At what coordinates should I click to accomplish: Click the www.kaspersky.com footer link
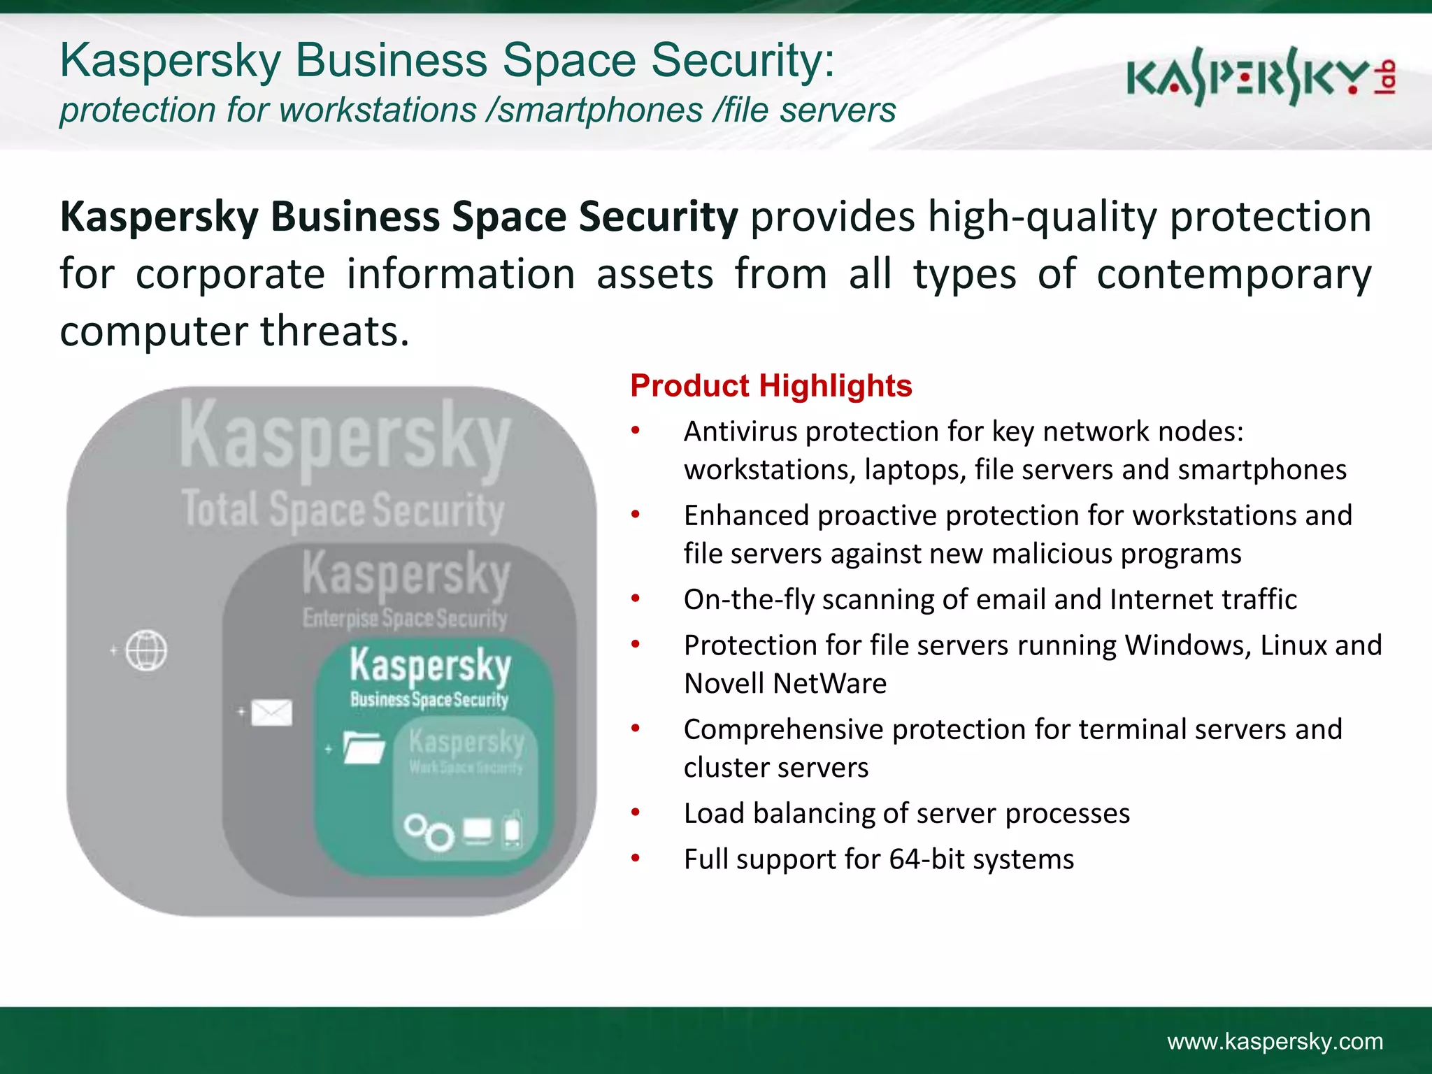(1275, 1041)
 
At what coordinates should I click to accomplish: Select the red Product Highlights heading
(771, 385)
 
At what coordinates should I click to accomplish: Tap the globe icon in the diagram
(146, 650)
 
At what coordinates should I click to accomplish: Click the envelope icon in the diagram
(271, 713)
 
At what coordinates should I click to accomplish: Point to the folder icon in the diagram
(364, 747)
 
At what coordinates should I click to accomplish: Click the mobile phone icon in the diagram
(513, 829)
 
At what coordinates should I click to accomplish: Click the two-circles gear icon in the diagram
(429, 831)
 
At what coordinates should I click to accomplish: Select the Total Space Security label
(343, 510)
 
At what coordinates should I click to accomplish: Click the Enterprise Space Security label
(405, 618)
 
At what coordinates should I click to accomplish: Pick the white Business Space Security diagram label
(429, 699)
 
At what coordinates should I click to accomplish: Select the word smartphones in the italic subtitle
(601, 110)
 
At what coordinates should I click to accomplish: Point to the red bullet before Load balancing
(635, 812)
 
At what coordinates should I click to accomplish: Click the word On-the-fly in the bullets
(747, 599)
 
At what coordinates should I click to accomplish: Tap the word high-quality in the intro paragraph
(1043, 217)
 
